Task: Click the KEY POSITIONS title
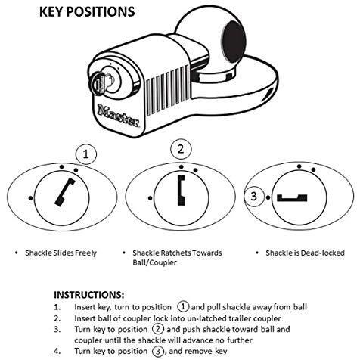click(x=87, y=12)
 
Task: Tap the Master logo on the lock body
click(x=119, y=116)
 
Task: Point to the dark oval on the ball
click(x=233, y=42)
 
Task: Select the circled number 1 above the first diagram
click(x=86, y=154)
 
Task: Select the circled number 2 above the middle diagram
click(x=181, y=149)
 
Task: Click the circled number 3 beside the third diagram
click(x=254, y=197)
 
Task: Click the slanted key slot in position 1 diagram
click(x=65, y=192)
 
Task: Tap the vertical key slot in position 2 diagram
click(x=182, y=190)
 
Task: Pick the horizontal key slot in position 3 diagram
click(x=292, y=198)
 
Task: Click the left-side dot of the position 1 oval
click(x=30, y=198)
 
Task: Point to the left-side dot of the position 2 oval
click(x=150, y=198)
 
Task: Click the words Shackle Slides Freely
click(x=61, y=253)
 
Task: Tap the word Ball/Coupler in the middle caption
click(x=155, y=262)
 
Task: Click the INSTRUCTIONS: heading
click(x=89, y=295)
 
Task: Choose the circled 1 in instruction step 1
click(x=183, y=307)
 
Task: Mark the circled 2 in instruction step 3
click(x=158, y=329)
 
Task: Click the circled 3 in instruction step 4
click(x=158, y=351)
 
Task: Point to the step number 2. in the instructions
click(x=57, y=318)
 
